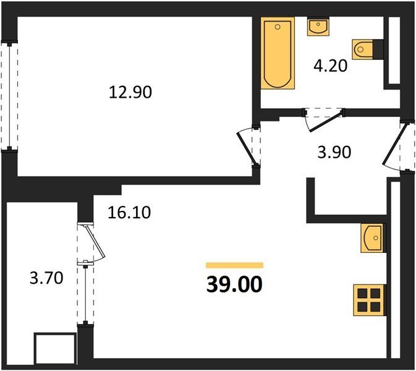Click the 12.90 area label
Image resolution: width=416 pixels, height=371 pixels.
[130, 92]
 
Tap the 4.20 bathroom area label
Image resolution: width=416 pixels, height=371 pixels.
[330, 66]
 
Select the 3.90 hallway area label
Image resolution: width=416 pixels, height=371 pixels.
[334, 152]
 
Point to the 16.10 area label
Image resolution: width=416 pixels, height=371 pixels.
[129, 213]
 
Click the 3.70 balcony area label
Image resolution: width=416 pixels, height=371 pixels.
[46, 278]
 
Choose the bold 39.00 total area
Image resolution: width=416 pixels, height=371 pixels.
[234, 284]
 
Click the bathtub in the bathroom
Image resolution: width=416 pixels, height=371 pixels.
[278, 53]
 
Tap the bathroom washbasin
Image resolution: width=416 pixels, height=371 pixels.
[318, 27]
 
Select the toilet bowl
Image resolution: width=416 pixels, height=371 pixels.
[362, 49]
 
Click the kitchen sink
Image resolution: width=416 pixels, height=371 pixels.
[373, 238]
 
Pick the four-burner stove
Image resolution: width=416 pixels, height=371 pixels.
[369, 300]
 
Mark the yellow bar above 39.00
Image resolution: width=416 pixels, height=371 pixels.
[234, 265]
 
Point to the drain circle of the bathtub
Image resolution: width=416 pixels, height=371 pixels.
[278, 27]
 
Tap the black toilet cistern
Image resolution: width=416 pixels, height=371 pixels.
[378, 49]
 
